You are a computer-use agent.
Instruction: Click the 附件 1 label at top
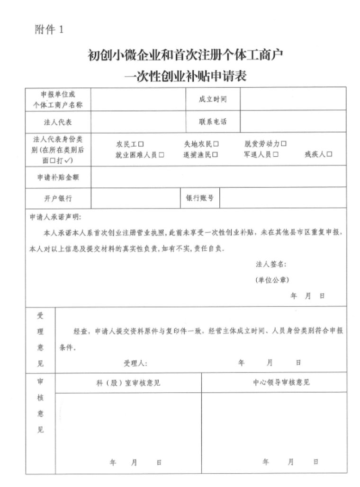[49, 30]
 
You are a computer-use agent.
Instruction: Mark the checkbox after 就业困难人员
[162, 154]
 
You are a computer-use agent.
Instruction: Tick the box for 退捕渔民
[216, 154]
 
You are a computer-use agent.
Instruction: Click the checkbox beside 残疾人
[330, 154]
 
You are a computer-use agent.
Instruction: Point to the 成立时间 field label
[213, 99]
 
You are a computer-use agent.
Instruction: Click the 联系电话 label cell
[213, 122]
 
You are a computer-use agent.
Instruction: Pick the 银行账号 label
[199, 198]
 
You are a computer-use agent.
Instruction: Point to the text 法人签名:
[270, 264]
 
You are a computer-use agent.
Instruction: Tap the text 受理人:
[135, 363]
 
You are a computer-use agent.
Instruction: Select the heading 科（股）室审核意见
[128, 382]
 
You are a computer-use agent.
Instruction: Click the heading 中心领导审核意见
[281, 382]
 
